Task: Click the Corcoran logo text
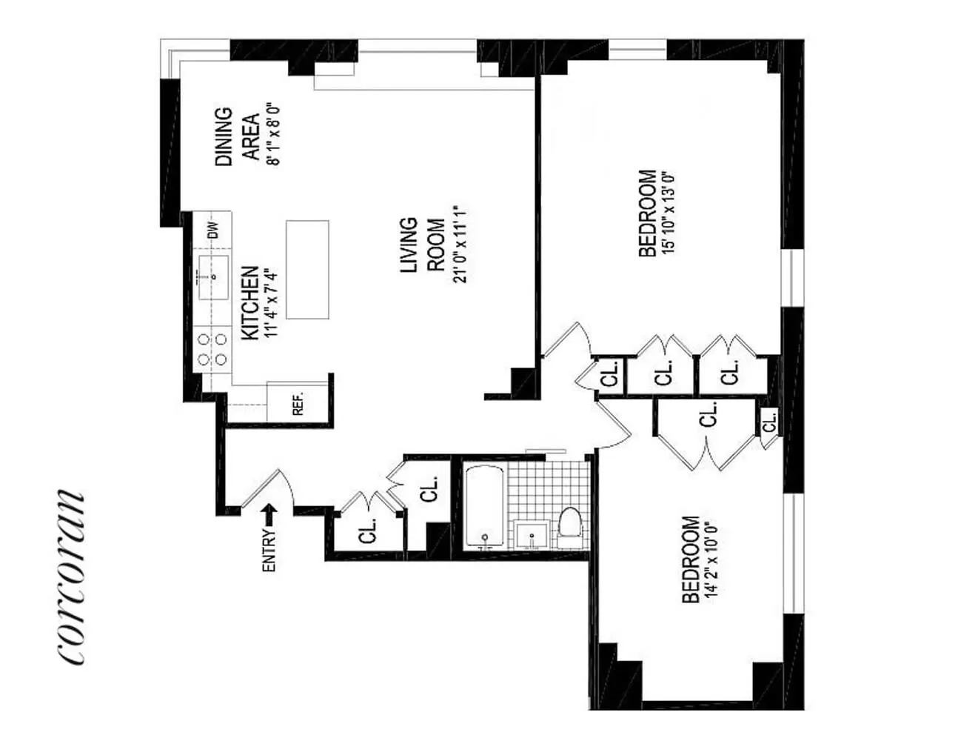coord(70,577)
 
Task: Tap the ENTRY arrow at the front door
coord(269,515)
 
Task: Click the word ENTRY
coord(269,550)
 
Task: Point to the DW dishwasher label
coord(213,230)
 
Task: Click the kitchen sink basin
coord(214,277)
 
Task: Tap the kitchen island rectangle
coord(307,270)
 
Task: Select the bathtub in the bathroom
coord(484,508)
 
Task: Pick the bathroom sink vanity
coord(532,534)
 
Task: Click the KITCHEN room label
coord(250,302)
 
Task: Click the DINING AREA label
coord(238,136)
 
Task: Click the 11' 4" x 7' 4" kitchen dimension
coord(271,305)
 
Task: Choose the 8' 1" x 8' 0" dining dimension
coord(274,136)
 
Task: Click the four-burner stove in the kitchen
coord(212,349)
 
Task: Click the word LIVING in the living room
coord(409,245)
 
